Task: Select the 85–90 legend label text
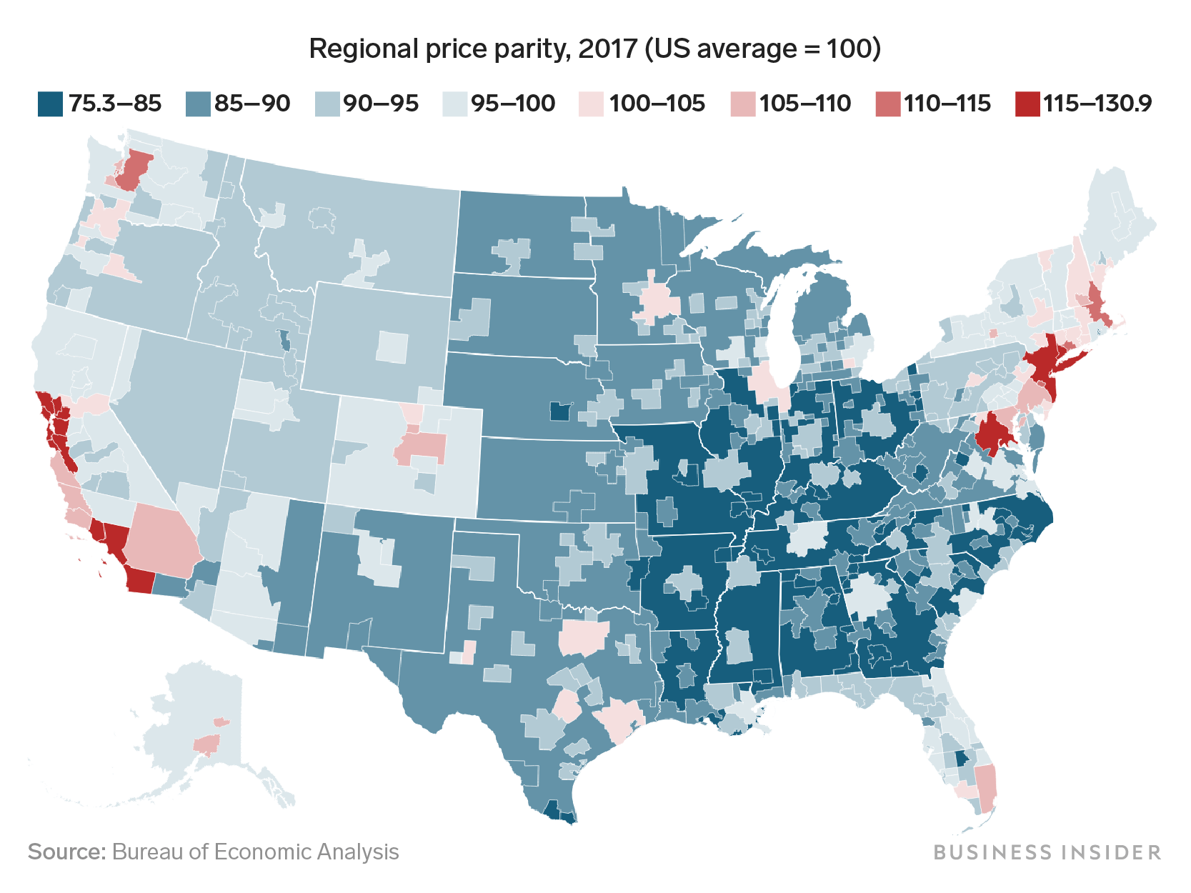point(251,104)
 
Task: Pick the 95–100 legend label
point(512,104)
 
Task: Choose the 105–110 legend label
point(804,104)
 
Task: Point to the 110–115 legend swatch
point(887,104)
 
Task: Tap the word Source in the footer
point(66,852)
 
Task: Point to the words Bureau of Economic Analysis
point(255,852)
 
